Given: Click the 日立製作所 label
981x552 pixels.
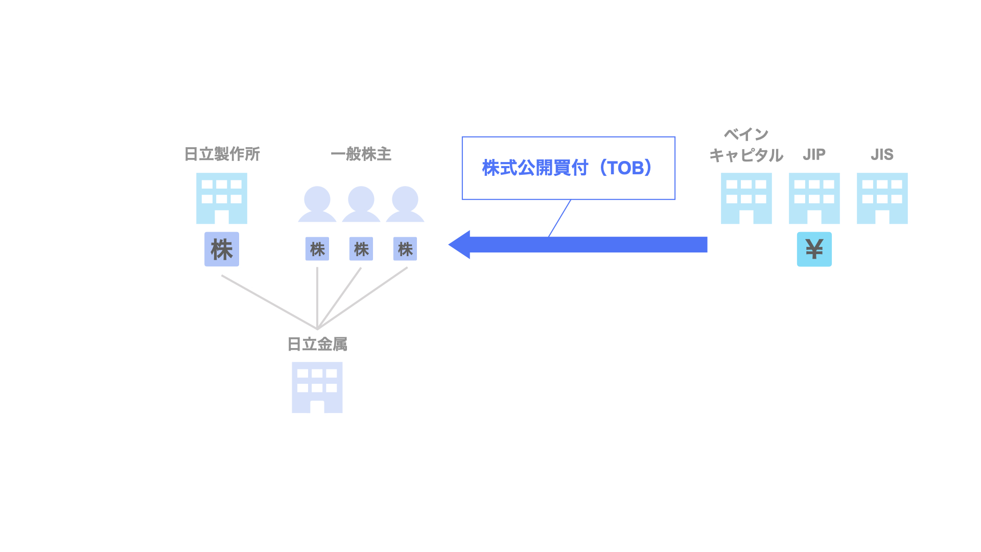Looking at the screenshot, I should [222, 154].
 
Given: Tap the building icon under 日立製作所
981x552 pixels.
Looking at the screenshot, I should [222, 198].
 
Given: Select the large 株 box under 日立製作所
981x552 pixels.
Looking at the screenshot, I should [222, 249].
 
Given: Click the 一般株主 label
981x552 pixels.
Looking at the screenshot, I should [361, 154].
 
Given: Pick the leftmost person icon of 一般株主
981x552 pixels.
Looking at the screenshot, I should [317, 204].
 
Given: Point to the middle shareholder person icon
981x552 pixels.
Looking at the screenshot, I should [361, 204].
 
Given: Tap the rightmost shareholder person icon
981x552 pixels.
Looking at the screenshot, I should [405, 204].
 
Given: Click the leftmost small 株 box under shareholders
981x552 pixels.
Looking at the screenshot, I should [317, 249].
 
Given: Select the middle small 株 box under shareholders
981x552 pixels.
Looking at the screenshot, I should [361, 249].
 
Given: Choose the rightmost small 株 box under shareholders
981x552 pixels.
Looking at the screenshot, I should [405, 249].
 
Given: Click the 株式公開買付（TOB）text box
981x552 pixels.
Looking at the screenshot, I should [568, 168].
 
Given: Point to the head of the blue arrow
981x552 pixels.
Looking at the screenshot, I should [460, 245].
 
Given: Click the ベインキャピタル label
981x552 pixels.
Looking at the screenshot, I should [746, 145].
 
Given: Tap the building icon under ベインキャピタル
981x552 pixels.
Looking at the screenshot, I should [746, 198].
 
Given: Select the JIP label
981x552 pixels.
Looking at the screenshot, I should [814, 154].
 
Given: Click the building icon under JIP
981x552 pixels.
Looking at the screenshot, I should [814, 198].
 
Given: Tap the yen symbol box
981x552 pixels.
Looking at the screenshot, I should [814, 249].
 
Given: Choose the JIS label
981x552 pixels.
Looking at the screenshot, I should [882, 154].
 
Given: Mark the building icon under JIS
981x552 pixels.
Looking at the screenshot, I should [882, 198].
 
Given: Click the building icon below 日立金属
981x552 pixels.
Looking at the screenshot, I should [317, 387].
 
